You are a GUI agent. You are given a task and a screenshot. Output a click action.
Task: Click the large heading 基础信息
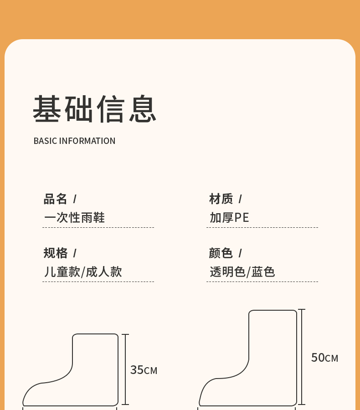(95, 109)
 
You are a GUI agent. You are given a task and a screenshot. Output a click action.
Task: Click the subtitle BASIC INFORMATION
(74, 141)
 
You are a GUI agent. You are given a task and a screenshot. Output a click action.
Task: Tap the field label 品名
(56, 199)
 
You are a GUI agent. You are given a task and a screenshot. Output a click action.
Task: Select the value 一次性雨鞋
(74, 217)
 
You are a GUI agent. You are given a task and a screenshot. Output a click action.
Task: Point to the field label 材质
(221, 199)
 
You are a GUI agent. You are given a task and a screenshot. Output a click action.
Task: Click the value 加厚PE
(229, 217)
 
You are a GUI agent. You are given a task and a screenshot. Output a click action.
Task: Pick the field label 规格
(56, 253)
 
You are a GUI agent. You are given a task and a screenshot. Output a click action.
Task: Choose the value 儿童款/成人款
(83, 272)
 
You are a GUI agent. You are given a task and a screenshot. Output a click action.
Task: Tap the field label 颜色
(221, 253)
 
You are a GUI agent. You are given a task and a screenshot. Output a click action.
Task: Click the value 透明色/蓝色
(242, 272)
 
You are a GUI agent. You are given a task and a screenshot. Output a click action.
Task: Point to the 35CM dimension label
(144, 370)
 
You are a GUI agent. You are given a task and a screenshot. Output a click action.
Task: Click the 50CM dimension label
(324, 358)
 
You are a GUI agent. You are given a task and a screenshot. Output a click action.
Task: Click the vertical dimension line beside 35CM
(125, 369)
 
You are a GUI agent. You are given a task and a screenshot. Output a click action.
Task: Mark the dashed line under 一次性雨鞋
(98, 227)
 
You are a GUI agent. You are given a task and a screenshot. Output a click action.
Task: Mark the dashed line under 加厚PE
(262, 227)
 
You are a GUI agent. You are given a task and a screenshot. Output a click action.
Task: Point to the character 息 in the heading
(143, 109)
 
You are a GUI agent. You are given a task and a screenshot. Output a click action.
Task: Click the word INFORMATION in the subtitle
(87, 141)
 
